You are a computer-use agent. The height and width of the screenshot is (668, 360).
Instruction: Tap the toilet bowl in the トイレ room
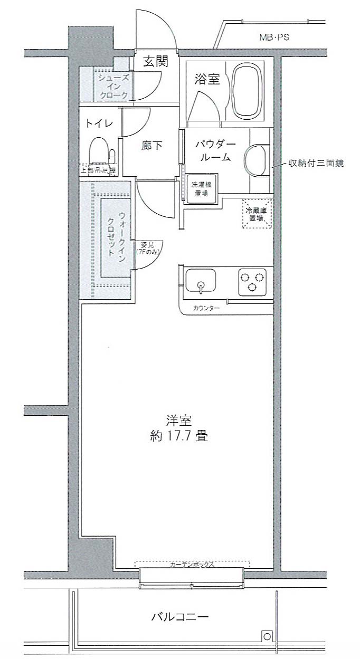[x=98, y=150]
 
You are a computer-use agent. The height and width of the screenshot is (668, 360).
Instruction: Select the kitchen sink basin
[x=201, y=280]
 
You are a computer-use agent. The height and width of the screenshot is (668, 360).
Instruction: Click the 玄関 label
[x=156, y=62]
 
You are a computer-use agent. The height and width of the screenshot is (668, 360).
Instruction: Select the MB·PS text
[x=274, y=37]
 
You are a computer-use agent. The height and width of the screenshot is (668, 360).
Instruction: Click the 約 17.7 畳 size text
[x=178, y=437]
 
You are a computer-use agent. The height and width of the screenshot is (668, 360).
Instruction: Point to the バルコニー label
[x=180, y=617]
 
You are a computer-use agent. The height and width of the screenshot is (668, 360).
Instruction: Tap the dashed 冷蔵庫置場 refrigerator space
[x=257, y=214]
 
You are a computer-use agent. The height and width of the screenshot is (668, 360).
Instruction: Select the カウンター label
[x=206, y=308]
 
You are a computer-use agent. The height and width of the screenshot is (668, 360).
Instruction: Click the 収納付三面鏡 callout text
[x=316, y=164]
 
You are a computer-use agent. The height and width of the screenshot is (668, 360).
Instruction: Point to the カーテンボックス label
[x=192, y=564]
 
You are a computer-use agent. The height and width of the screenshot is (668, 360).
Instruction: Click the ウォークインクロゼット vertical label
[x=117, y=234]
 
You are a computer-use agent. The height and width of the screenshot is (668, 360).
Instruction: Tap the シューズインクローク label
[x=112, y=86]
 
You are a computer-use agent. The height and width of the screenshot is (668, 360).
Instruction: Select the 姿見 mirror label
[x=147, y=249]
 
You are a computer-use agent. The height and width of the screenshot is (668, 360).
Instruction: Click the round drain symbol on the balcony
[x=267, y=637]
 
